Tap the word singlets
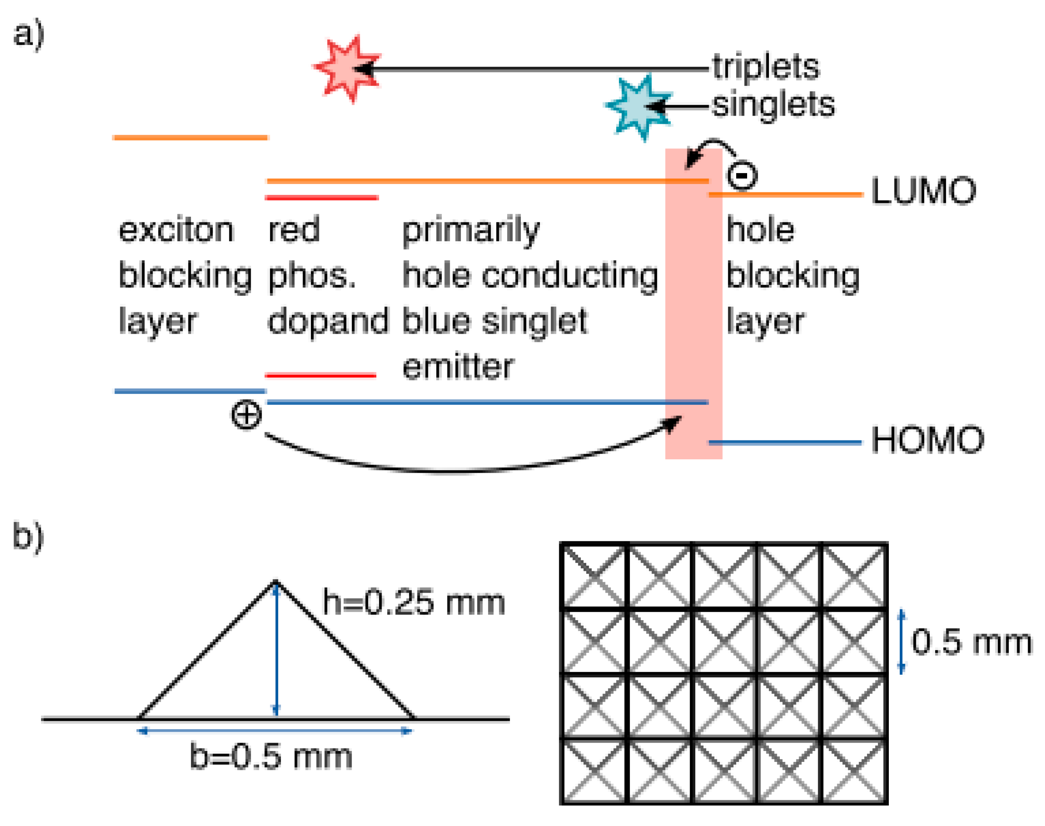[x=773, y=105]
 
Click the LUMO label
[x=922, y=191]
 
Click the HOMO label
[x=927, y=440]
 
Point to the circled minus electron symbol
[x=741, y=175]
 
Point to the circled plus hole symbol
[x=246, y=415]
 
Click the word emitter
[x=458, y=368]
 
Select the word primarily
[x=471, y=231]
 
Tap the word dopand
[x=328, y=321]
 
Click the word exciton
[x=176, y=230]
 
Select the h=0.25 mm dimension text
[x=413, y=603]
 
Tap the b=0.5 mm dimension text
[x=270, y=757]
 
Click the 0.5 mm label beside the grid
[x=971, y=643]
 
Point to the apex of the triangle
[x=276, y=581]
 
